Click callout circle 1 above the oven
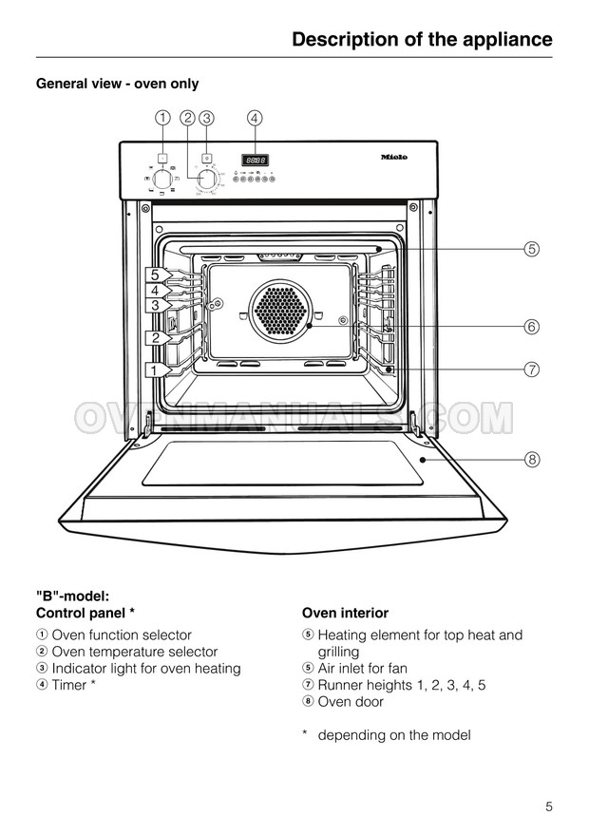pyautogui.click(x=164, y=119)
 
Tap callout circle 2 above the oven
pyautogui.click(x=187, y=119)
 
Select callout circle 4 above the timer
pyautogui.click(x=254, y=119)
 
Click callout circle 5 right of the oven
pyautogui.click(x=532, y=250)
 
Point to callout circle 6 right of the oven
pyautogui.click(x=532, y=327)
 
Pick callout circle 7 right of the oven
pyautogui.click(x=532, y=370)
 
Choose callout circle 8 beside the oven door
pyautogui.click(x=532, y=460)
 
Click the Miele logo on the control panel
pyautogui.click(x=393, y=158)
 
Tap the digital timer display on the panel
pyautogui.click(x=254, y=160)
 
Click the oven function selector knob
pyautogui.click(x=163, y=178)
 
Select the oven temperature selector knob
pyautogui.click(x=206, y=178)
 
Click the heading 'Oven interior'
pyautogui.click(x=345, y=614)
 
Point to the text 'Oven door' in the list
pyautogui.click(x=351, y=702)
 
